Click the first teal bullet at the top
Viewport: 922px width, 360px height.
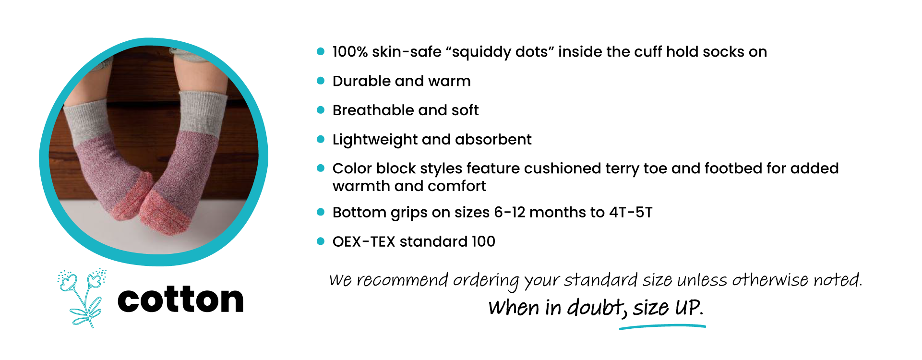click(x=321, y=51)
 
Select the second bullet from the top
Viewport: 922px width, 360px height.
click(x=321, y=81)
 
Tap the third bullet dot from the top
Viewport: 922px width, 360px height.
click(x=321, y=110)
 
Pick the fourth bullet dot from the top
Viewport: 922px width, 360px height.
click(x=321, y=139)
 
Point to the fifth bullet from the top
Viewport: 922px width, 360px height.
click(x=321, y=168)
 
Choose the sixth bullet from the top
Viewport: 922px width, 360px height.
click(x=321, y=212)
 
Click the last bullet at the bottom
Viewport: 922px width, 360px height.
click(x=321, y=241)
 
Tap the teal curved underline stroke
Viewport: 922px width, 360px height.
click(x=662, y=326)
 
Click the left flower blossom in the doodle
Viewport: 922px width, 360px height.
click(x=68, y=282)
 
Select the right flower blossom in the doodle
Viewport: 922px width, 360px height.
click(x=94, y=281)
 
